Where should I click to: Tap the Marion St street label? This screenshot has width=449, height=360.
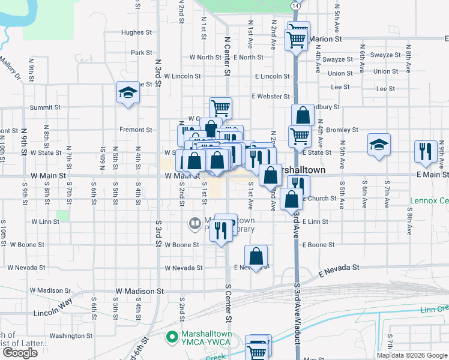coord(326,39)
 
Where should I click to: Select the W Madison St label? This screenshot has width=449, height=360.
coord(140,291)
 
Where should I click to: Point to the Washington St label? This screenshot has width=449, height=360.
coord(67,336)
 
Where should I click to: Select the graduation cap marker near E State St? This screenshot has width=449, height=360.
coord(379,146)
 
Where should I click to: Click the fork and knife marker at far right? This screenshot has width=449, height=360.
coord(426,152)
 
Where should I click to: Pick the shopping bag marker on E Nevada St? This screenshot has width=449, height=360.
coord(256,256)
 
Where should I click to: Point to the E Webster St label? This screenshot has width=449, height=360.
coord(271,96)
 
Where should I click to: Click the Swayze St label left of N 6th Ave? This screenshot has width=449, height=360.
coord(337,59)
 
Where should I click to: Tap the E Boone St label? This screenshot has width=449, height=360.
coord(318,245)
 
